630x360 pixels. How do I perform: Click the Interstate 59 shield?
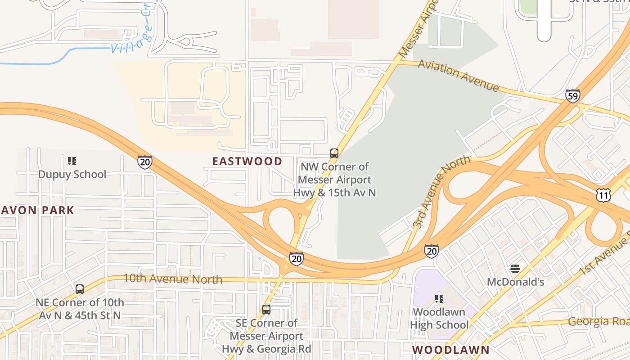(x=573, y=96)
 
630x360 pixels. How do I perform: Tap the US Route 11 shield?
(x=603, y=195)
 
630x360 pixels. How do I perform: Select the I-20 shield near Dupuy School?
(x=145, y=162)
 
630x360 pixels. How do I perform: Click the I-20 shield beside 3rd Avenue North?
(x=431, y=251)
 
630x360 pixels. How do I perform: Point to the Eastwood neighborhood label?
(x=247, y=161)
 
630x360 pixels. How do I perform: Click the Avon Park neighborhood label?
(x=37, y=210)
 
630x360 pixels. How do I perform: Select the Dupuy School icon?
(x=72, y=161)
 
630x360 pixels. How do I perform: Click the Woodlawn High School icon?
(x=439, y=298)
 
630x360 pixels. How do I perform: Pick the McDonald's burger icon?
(x=515, y=269)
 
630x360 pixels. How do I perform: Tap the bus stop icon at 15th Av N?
(x=334, y=153)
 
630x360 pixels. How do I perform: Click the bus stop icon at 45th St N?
(x=80, y=289)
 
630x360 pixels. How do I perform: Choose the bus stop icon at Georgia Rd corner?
(x=266, y=310)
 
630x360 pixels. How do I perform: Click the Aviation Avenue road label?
(x=458, y=75)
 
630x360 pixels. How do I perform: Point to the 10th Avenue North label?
(x=173, y=279)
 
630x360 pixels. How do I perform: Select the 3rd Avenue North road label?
(x=441, y=191)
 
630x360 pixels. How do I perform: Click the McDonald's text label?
(x=516, y=282)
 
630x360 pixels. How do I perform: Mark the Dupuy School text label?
(x=72, y=174)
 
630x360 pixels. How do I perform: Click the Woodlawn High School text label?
(x=439, y=318)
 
